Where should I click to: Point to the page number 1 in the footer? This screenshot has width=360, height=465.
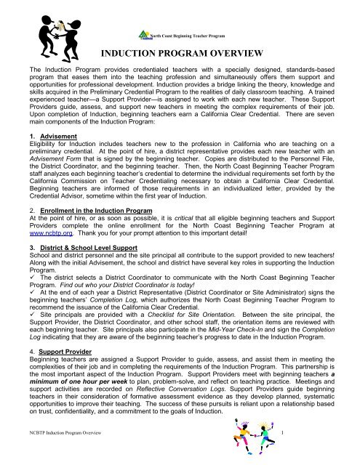(280, 452)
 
